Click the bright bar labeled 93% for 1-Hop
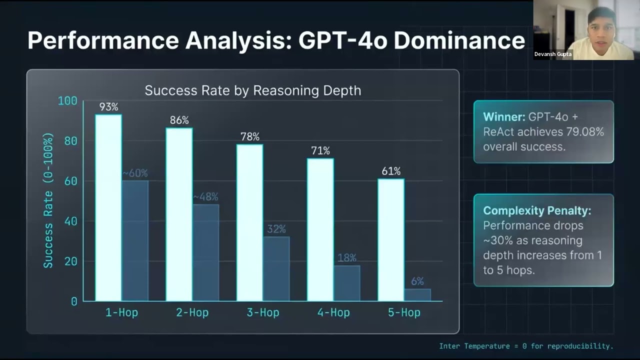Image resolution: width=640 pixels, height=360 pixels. [x=108, y=207]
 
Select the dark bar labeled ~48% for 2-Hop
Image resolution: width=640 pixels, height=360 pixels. [x=205, y=252]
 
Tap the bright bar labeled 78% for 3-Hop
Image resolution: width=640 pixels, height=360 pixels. [x=249, y=222]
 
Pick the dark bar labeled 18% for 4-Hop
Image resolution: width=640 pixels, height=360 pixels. [x=347, y=283]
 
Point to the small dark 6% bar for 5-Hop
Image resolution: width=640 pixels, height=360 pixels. [x=417, y=295]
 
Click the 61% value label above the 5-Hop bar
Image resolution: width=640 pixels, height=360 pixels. [x=391, y=171]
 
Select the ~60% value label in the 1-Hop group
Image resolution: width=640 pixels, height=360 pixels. [x=135, y=173]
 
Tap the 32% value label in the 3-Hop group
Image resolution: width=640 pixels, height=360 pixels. [x=276, y=229]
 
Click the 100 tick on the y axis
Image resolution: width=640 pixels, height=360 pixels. [x=67, y=100]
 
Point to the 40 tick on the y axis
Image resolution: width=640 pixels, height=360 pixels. [x=70, y=221]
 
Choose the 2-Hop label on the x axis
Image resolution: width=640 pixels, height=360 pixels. [x=192, y=312]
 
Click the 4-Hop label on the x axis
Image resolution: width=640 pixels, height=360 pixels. [x=333, y=312]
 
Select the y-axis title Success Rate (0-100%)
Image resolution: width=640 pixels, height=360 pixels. [x=48, y=200]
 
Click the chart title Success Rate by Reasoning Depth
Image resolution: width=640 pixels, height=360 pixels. [x=253, y=90]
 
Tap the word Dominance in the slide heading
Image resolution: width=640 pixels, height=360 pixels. [x=459, y=40]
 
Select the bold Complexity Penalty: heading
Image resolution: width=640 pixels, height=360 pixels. [x=537, y=210]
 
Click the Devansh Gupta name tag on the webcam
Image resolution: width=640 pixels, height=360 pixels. [x=553, y=54]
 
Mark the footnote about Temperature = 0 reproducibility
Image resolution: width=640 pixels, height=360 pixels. [x=526, y=346]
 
